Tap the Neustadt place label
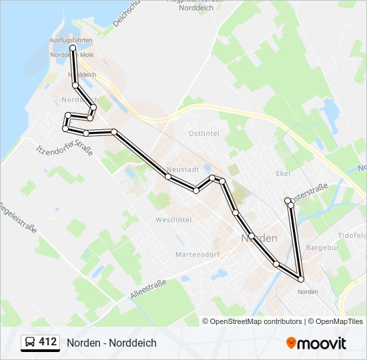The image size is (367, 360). (x=183, y=169)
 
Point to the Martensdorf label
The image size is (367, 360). (x=194, y=255)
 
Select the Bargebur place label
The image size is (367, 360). (x=318, y=248)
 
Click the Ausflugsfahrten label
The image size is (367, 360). (x=71, y=40)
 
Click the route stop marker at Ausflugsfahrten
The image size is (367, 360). (x=72, y=48)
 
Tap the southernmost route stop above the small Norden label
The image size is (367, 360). (x=301, y=279)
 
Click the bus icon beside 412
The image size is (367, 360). (x=30, y=343)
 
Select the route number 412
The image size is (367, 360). (x=48, y=342)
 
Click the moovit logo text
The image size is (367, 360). (x=322, y=343)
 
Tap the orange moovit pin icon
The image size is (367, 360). (x=291, y=343)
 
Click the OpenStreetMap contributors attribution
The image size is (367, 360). (x=256, y=321)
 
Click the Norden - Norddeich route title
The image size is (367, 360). (x=111, y=343)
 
